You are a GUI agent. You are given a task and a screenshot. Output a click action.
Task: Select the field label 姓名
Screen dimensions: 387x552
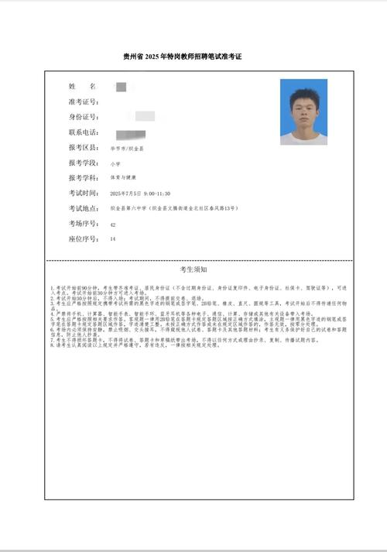click(x=82, y=86)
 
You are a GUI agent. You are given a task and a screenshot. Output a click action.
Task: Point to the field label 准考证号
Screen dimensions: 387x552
click(x=83, y=101)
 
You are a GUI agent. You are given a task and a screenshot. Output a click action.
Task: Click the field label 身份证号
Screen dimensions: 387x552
click(x=83, y=117)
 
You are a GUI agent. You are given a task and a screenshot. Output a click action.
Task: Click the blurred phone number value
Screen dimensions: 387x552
click(x=125, y=135)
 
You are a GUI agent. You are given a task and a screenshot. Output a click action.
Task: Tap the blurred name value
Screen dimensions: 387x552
click(x=120, y=86)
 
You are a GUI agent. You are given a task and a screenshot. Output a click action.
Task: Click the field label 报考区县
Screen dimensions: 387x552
click(x=83, y=147)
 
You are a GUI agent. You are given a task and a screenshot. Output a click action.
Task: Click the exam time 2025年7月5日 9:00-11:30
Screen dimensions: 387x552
click(x=140, y=194)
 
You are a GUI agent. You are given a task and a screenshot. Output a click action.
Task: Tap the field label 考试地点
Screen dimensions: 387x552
click(x=83, y=209)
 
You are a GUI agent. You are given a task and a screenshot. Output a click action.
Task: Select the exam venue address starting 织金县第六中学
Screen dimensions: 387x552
click(x=173, y=209)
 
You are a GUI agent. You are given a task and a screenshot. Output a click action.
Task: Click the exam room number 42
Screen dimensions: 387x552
click(x=113, y=225)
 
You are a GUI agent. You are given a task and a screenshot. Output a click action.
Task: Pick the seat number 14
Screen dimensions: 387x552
click(x=113, y=240)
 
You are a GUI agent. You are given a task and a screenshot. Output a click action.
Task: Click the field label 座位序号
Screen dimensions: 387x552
click(x=83, y=240)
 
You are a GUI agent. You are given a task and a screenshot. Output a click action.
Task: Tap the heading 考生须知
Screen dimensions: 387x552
click(x=193, y=270)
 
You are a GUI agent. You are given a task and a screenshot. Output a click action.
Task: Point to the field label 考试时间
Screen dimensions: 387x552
click(x=83, y=194)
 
